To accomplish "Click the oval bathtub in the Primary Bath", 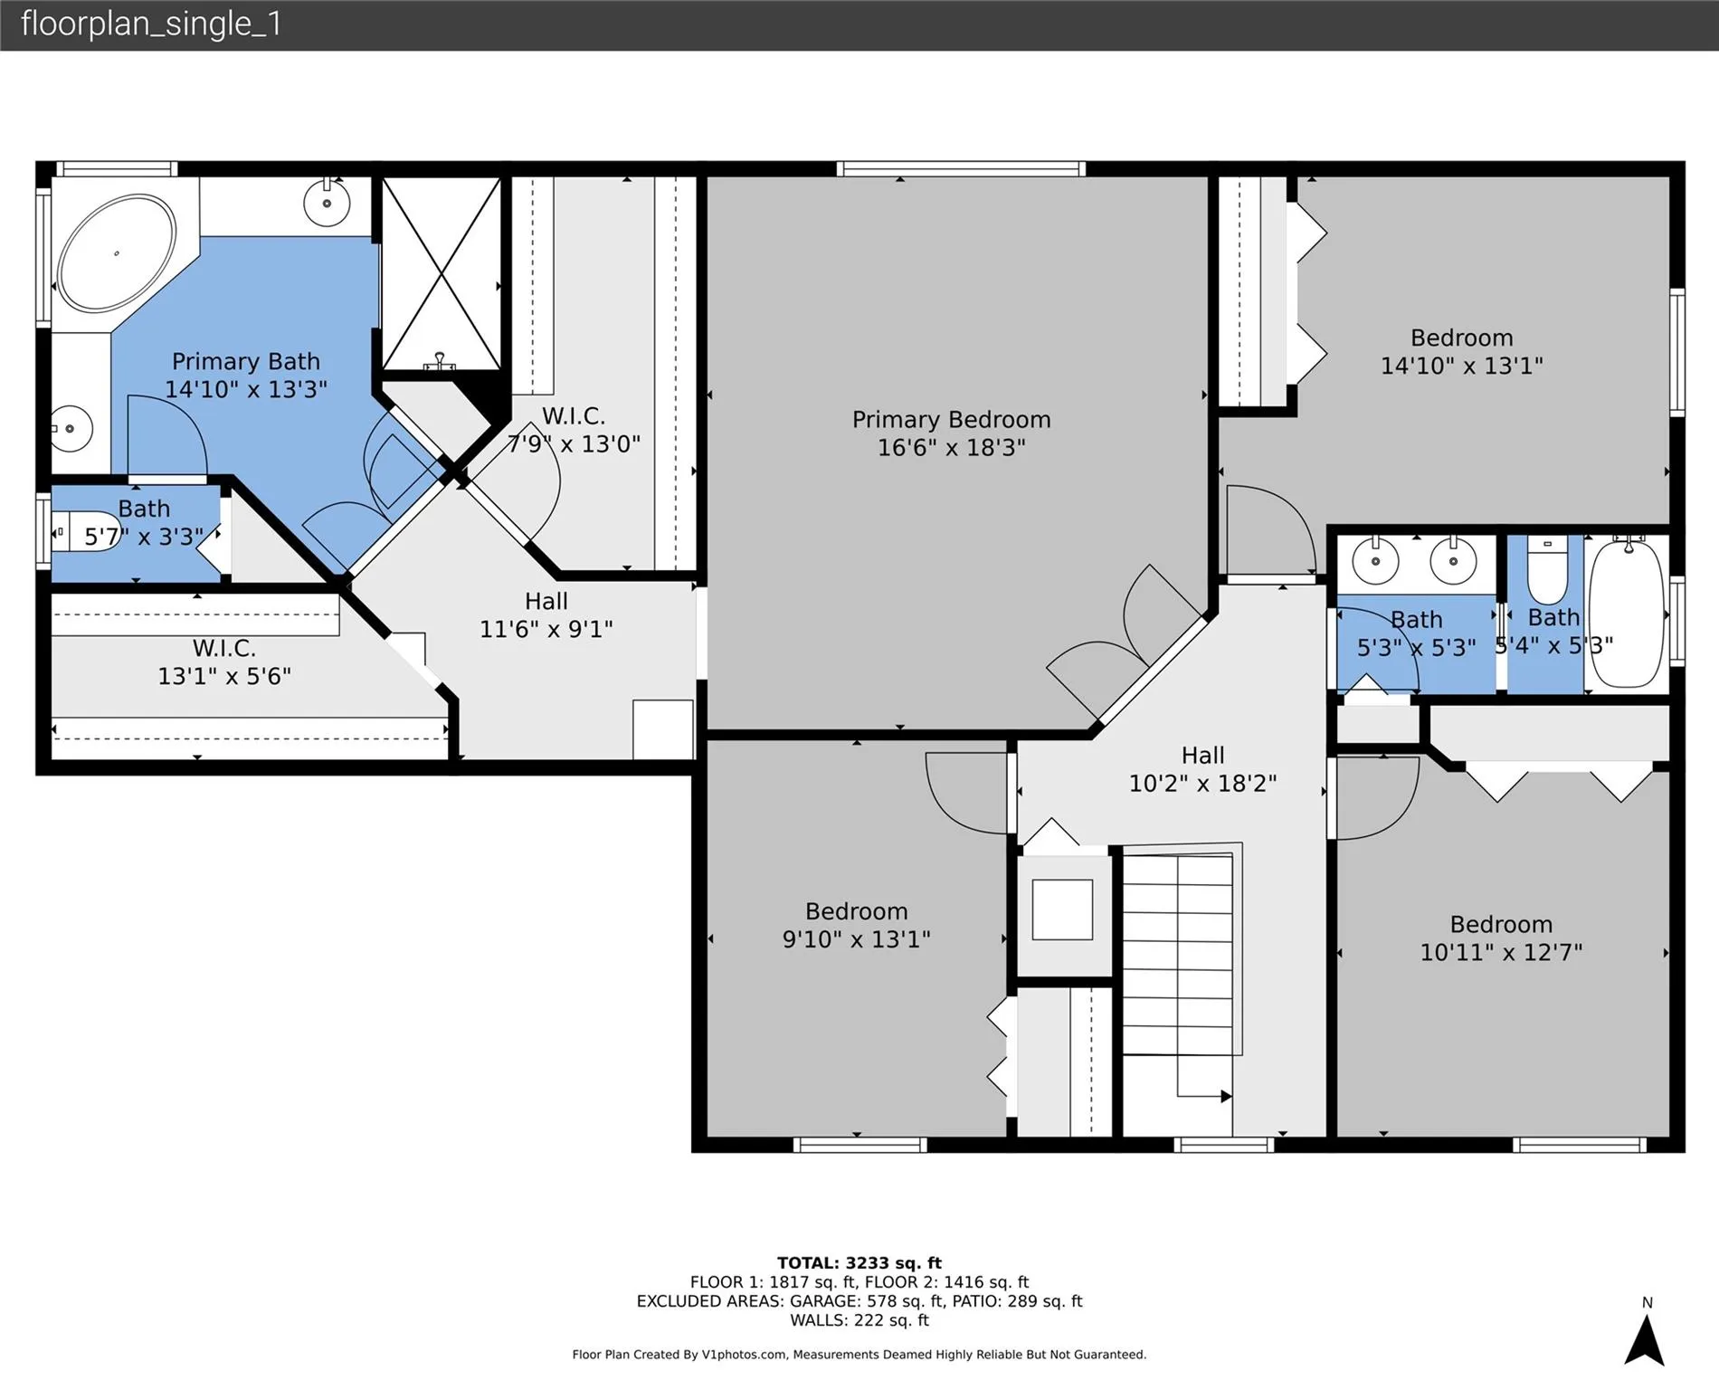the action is pyautogui.click(x=117, y=254).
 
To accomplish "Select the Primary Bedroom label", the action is pyautogui.click(x=951, y=420).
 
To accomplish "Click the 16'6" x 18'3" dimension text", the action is pyautogui.click(x=951, y=447).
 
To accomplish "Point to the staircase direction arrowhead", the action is pyautogui.click(x=1227, y=1097).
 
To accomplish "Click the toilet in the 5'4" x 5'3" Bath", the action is pyautogui.click(x=1547, y=570).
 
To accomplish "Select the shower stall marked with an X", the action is pyautogui.click(x=441, y=273).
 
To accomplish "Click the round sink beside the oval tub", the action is pyautogui.click(x=327, y=203).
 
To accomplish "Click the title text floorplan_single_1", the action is pyautogui.click(x=151, y=24).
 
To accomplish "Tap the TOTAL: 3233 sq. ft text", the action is pyautogui.click(x=859, y=1263).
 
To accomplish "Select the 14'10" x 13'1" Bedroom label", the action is pyautogui.click(x=1462, y=351).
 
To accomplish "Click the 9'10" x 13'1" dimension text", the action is pyautogui.click(x=856, y=939).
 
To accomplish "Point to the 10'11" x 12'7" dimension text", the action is pyautogui.click(x=1501, y=952).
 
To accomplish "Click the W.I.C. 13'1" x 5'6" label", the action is pyautogui.click(x=224, y=662).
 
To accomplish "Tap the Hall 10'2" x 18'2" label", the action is pyautogui.click(x=1202, y=769).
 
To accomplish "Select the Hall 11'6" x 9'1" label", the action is pyautogui.click(x=546, y=614).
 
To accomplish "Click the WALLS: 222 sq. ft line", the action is pyautogui.click(x=859, y=1320).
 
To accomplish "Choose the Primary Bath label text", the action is pyautogui.click(x=246, y=362).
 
